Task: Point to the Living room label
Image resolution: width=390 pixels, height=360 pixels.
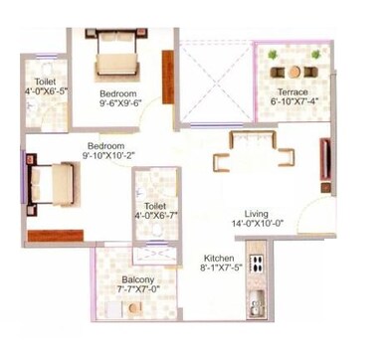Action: [x=257, y=213]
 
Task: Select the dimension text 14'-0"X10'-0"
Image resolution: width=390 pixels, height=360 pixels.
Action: [x=258, y=225]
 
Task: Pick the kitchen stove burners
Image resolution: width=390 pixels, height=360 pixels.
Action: [x=257, y=266]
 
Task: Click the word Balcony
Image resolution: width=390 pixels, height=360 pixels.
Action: [x=138, y=281]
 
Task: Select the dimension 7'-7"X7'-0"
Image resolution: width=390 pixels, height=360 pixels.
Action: [x=138, y=293]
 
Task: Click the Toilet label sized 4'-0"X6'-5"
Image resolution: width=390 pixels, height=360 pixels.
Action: [x=44, y=82]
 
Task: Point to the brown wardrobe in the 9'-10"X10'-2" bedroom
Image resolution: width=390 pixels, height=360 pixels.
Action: [x=55, y=236]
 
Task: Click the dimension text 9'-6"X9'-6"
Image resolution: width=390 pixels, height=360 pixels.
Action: [x=120, y=101]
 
